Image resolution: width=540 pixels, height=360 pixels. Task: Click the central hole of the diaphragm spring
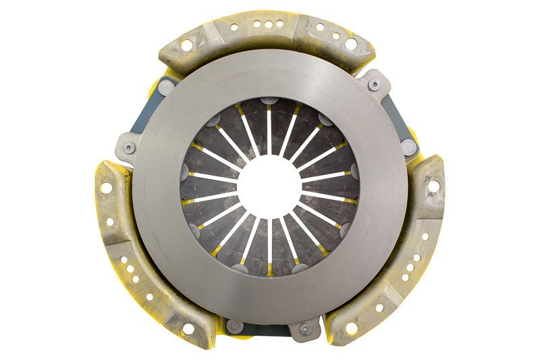[269, 182]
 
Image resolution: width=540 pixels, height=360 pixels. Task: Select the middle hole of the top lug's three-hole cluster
[268, 24]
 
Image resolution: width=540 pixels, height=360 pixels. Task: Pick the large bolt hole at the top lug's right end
[351, 45]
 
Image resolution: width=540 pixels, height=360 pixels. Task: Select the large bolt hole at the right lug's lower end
[352, 329]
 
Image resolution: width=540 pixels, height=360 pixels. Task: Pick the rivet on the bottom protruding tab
[305, 329]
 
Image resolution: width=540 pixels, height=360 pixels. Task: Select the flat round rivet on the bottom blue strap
[234, 326]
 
